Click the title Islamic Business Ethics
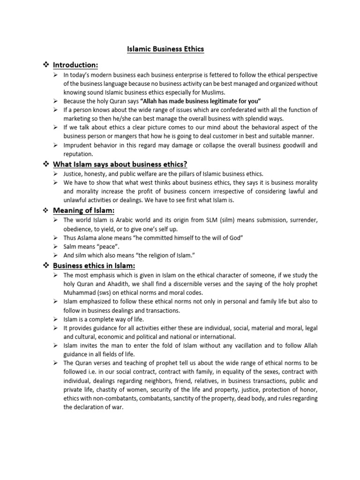click(x=165, y=49)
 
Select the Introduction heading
click(x=75, y=65)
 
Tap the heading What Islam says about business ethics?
click(x=120, y=164)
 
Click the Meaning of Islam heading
click(x=83, y=210)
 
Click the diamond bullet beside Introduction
click(x=46, y=65)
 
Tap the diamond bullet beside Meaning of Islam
click(x=46, y=210)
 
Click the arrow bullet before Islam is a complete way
click(x=55, y=319)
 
